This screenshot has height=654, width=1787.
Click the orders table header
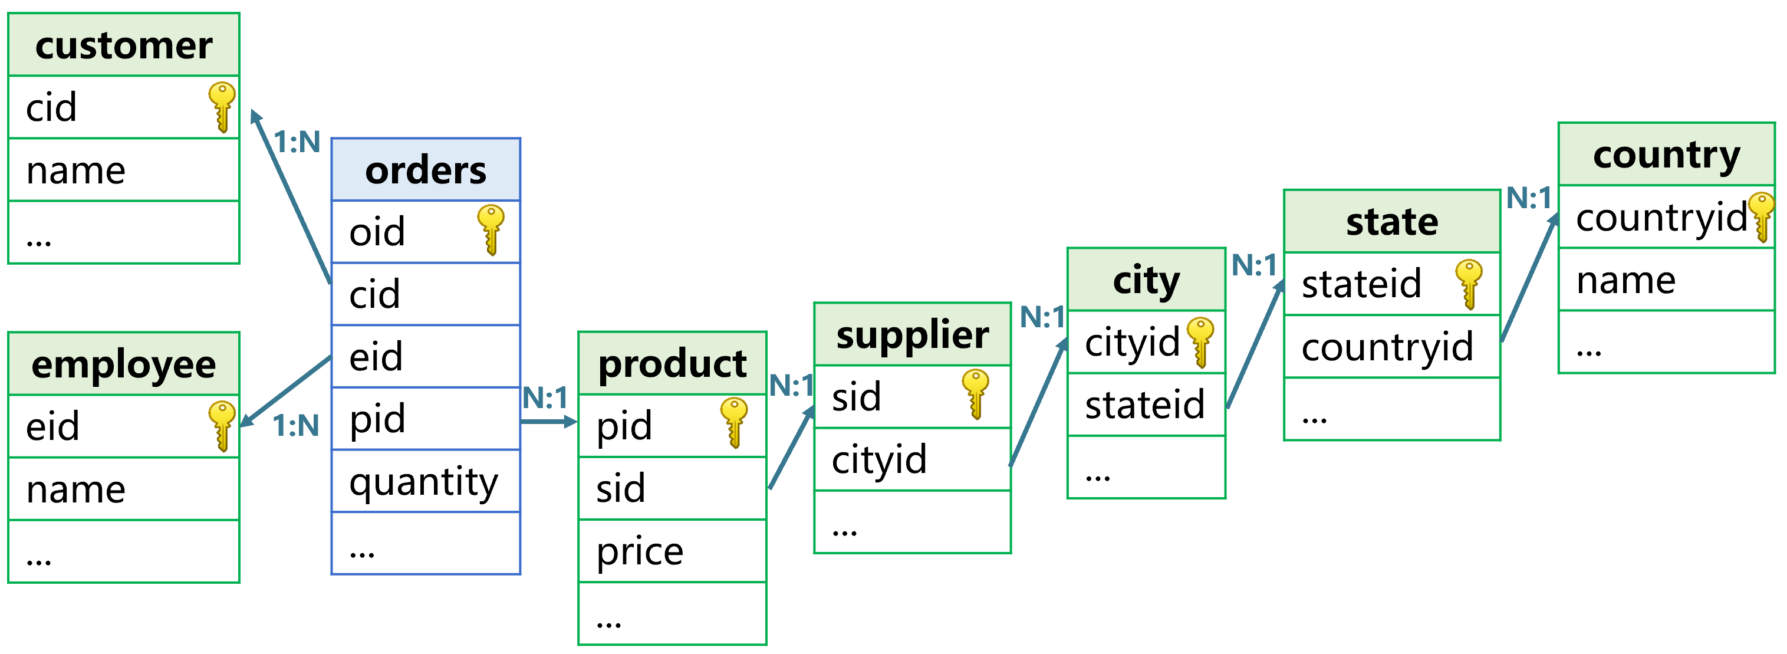[425, 170]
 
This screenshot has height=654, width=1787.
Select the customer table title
[123, 45]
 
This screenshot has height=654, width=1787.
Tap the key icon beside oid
[491, 229]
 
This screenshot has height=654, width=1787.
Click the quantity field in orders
[425, 481]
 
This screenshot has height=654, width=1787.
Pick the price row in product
[672, 551]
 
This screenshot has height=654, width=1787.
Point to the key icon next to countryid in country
[1762, 216]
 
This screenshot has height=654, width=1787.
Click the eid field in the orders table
[425, 356]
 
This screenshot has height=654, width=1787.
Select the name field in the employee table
[123, 489]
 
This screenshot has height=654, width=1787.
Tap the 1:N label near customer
[297, 142]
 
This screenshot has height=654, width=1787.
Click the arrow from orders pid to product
[548, 421]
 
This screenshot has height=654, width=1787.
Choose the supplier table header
[912, 335]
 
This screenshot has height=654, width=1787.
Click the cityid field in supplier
[912, 460]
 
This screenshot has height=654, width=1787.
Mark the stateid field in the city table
[1146, 405]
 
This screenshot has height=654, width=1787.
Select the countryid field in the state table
[1391, 347]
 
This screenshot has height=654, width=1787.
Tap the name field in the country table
[1666, 280]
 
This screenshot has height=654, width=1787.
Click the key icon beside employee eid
[222, 425]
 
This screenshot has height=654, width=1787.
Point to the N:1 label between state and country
[1529, 198]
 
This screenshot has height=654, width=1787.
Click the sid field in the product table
[672, 488]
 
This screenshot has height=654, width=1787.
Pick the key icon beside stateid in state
[1469, 283]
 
